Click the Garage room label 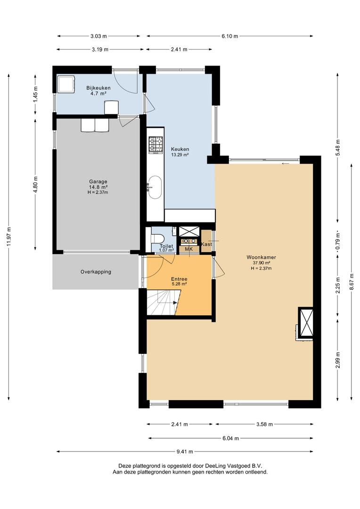pos(98,182)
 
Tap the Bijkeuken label pos(98,88)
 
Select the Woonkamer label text pos(262,257)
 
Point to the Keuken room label pos(180,149)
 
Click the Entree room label pos(179,279)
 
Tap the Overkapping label pos(96,272)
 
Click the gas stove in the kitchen pos(155,145)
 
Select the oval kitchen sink pos(155,187)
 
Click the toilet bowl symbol pos(156,238)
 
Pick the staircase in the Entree pos(162,303)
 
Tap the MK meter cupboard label pos(188,249)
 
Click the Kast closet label pos(206,244)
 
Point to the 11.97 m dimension pos(9,237)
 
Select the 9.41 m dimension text pos(185,452)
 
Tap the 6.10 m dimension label pos(230,36)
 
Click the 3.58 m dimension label pos(264,424)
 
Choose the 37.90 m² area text pos(262,263)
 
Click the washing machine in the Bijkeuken pos(66,84)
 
